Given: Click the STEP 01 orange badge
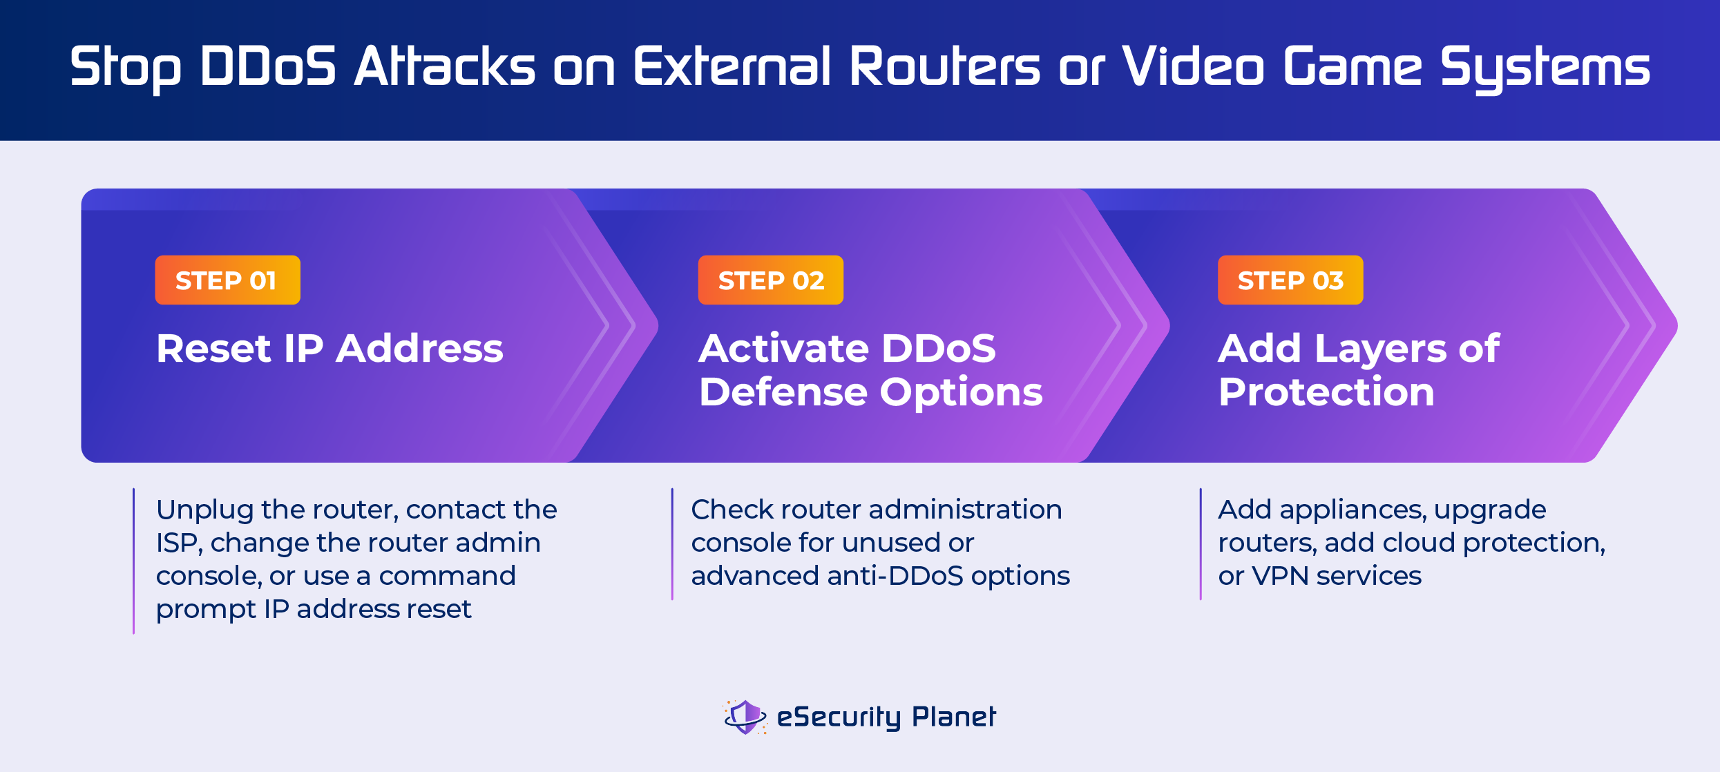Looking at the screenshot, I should pos(227,280).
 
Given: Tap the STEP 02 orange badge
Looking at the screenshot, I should pos(770,280).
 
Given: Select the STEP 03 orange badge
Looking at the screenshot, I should pos(1290,280).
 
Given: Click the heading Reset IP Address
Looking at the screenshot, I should pos(329,348).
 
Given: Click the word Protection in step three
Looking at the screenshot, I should pos(1326,392).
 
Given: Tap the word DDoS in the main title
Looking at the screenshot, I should pos(267,66).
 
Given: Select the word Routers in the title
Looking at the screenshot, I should pos(944,66).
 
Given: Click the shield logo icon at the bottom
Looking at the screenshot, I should pos(745,717).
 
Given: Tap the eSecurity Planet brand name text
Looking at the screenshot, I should pos(886,717).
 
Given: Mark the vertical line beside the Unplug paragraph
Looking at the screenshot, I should pos(134,561).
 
